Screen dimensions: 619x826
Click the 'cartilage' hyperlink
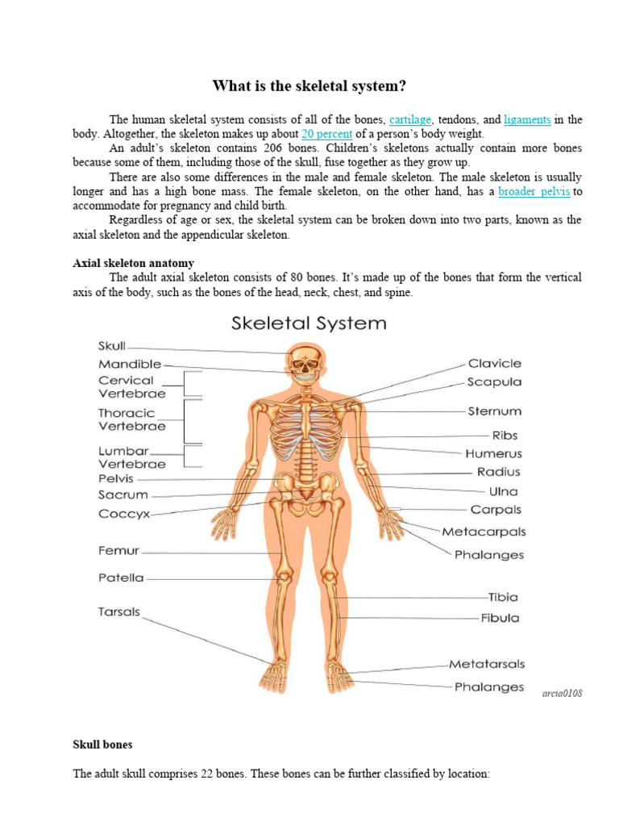[x=410, y=119]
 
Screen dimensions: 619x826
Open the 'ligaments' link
[x=527, y=119]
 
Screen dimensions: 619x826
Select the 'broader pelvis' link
[x=534, y=191]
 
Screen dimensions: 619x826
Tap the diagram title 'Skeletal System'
[x=309, y=323]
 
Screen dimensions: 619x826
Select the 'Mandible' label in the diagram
[x=130, y=364]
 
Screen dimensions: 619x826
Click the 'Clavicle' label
[x=494, y=364]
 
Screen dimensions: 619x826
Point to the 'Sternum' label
[x=494, y=411]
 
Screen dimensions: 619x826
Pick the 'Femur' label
[x=118, y=551]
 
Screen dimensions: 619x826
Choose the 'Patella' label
[x=121, y=578]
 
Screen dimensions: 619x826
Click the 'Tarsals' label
[x=119, y=611]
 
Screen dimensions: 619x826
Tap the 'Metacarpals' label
[x=484, y=532]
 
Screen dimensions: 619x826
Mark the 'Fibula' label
[x=500, y=618]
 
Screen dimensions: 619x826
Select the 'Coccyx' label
[x=124, y=514]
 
